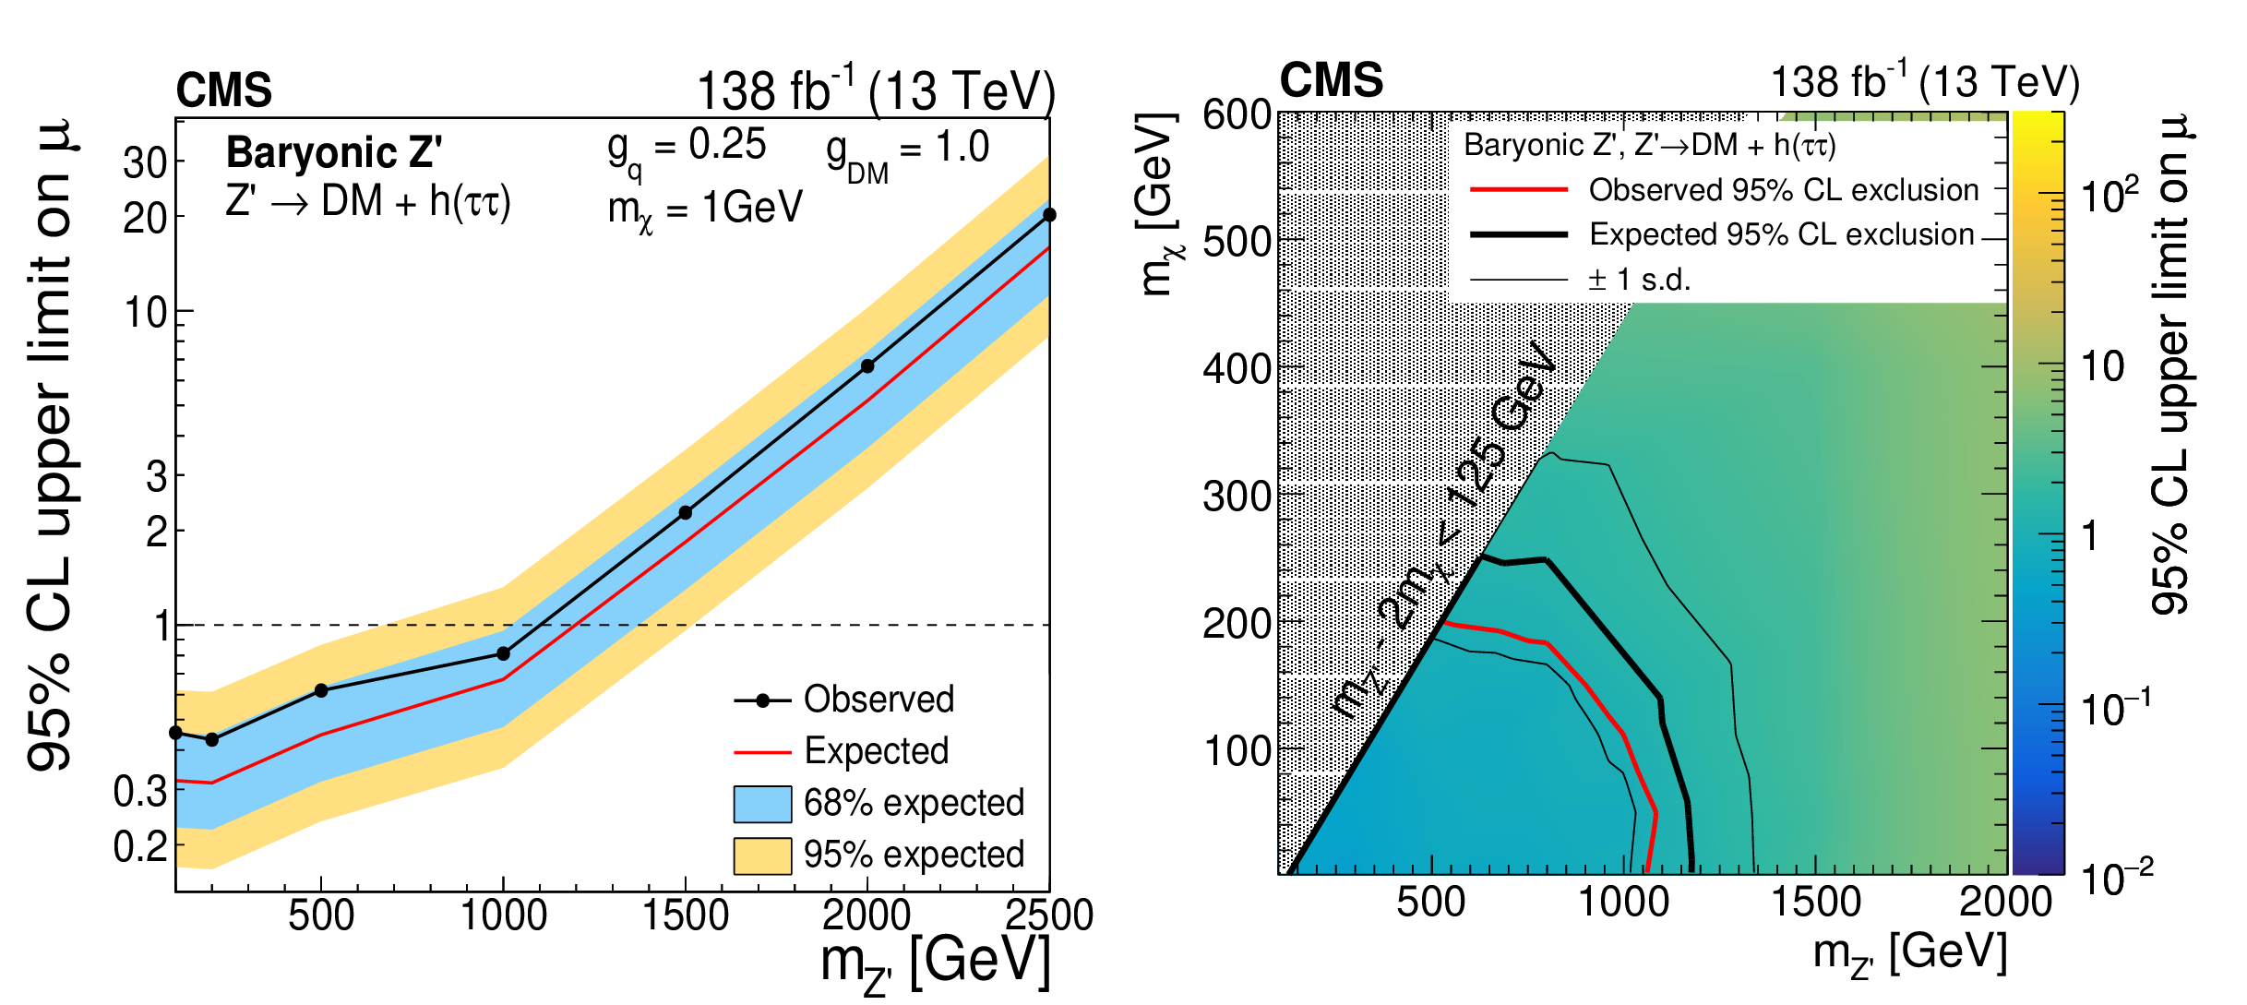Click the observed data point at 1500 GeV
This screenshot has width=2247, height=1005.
click(x=686, y=512)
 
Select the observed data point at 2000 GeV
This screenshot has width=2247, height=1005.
click(x=867, y=366)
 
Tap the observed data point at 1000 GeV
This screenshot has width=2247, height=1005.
click(x=503, y=653)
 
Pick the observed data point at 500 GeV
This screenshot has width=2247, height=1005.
click(x=321, y=690)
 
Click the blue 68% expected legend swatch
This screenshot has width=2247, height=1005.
click(x=762, y=803)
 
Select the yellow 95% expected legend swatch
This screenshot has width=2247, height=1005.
click(x=762, y=855)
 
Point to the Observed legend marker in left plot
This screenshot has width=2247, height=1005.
click(x=762, y=700)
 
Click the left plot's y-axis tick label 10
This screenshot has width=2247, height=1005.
click(x=146, y=314)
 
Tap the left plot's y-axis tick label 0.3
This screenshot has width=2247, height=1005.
click(x=140, y=792)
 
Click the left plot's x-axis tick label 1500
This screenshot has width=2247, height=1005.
click(x=685, y=915)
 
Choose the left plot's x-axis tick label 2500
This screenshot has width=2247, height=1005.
click(x=1048, y=915)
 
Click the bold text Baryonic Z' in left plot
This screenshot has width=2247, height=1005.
click(x=334, y=152)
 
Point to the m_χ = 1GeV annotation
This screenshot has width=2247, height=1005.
click(x=705, y=209)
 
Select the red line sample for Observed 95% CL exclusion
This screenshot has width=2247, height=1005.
click(x=1518, y=190)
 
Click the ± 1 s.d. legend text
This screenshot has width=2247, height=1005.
click(x=1639, y=279)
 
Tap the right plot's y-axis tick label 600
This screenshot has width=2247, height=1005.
click(x=1237, y=115)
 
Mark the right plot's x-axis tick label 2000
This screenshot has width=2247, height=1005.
click(x=2005, y=902)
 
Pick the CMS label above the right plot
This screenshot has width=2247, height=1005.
click(x=1331, y=80)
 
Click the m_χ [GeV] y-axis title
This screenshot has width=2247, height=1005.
click(x=1157, y=205)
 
